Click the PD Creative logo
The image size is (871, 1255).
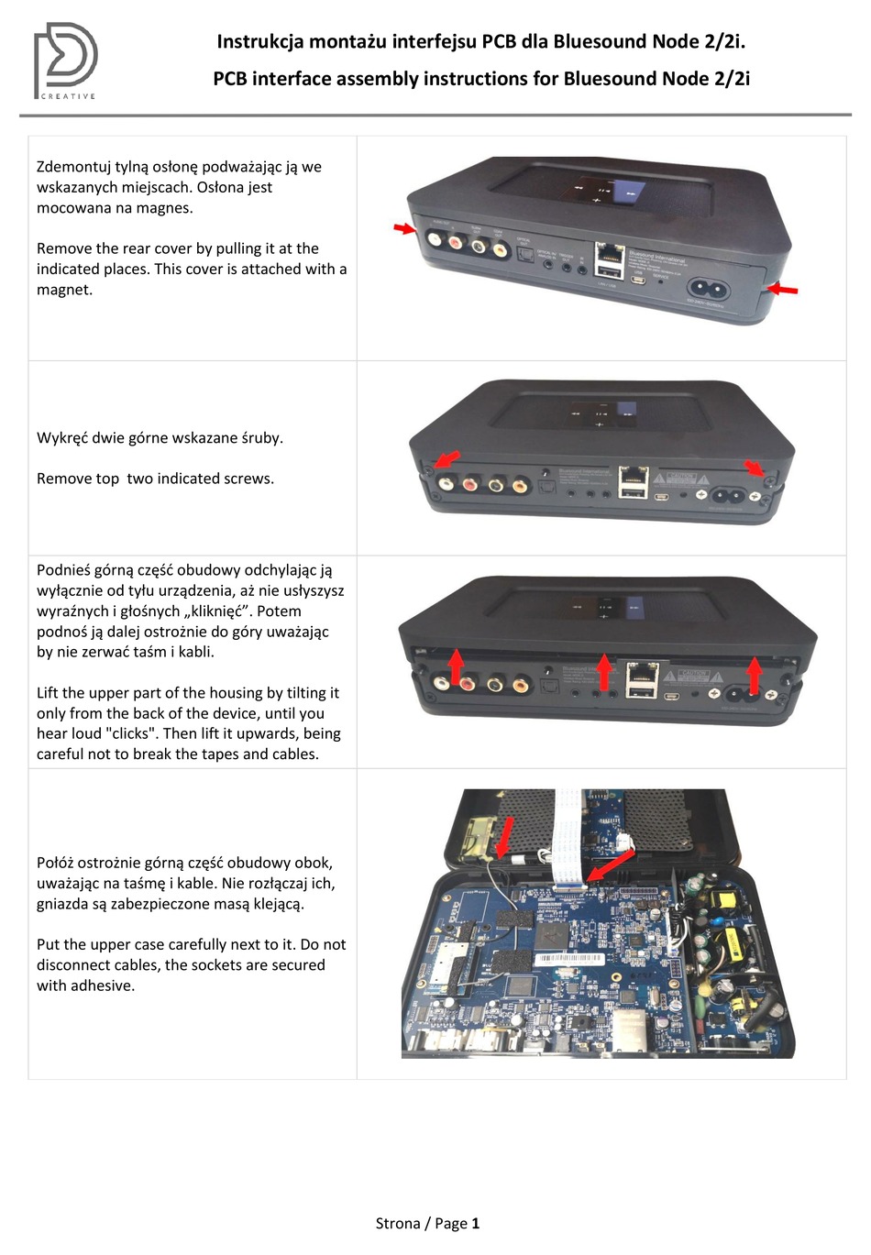click(66, 61)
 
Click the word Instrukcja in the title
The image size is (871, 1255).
click(256, 41)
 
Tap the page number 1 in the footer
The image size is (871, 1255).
click(475, 1223)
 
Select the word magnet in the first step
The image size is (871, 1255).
click(64, 290)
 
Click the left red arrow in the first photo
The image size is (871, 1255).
click(404, 227)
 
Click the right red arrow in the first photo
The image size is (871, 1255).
click(782, 289)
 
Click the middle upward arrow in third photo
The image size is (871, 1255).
click(603, 671)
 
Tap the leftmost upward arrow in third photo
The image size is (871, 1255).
click(456, 666)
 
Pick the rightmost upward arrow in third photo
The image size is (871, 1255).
click(753, 675)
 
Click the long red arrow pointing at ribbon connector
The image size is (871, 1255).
click(611, 865)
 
